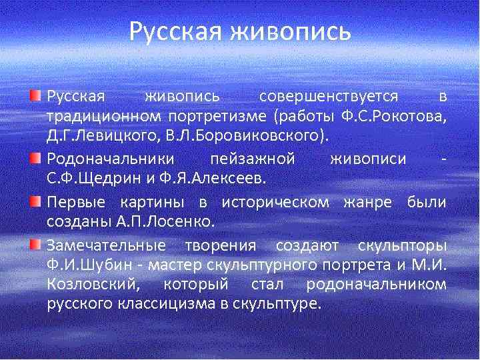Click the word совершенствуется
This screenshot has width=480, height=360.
click(x=329, y=97)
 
